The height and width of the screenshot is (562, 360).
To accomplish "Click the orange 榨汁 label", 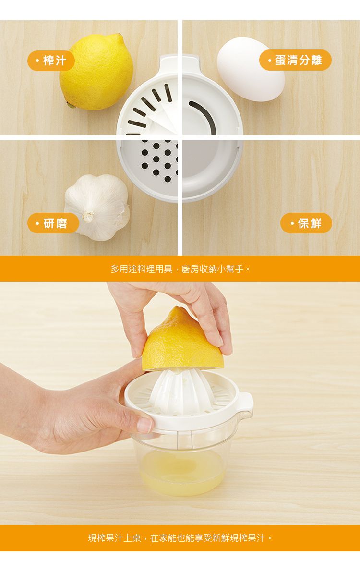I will (x=51, y=61).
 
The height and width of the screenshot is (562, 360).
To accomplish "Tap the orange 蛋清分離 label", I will (x=295, y=60).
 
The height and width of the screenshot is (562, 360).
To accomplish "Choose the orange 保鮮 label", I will (x=306, y=223).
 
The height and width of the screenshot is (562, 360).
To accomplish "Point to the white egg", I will (x=250, y=70).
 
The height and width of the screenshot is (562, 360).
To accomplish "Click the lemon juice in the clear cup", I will (x=182, y=473).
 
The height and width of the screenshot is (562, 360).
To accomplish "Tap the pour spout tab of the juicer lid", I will (x=243, y=401).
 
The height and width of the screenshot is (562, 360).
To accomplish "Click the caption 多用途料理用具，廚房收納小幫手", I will (x=180, y=269).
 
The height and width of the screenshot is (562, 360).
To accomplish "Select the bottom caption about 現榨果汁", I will (x=180, y=538).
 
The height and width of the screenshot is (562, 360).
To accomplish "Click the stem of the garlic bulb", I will (x=88, y=217).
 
